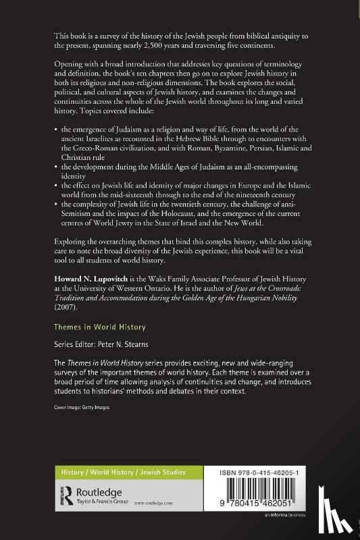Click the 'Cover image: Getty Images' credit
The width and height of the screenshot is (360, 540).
click(81, 407)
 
